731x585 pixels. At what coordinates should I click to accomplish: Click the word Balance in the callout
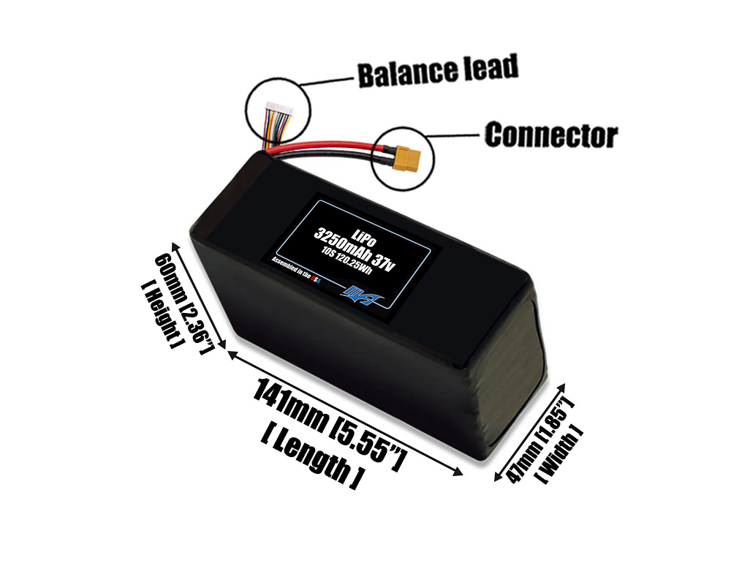pyautogui.click(x=398, y=72)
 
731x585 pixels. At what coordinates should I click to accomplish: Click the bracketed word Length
pyautogui.click(x=311, y=457)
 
